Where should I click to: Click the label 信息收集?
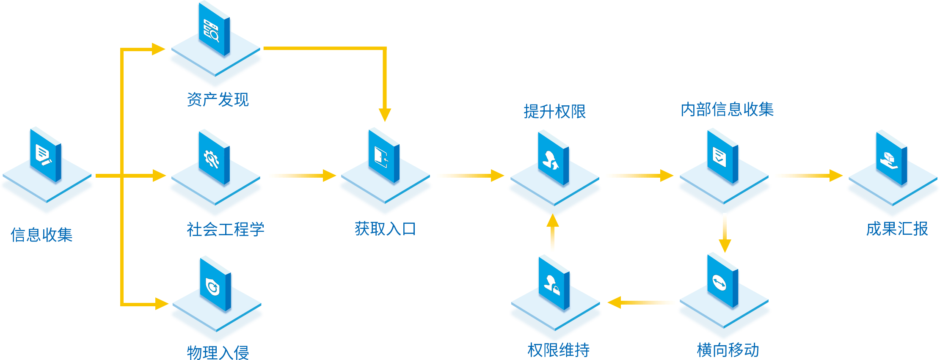tap(41, 235)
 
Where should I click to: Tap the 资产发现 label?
tap(218, 100)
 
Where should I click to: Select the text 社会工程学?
tap(225, 229)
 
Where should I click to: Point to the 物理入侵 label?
tap(218, 352)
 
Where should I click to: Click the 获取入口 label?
tap(385, 229)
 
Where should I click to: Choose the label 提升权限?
tap(554, 112)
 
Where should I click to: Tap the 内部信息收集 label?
tap(727, 110)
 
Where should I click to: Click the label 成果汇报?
tap(897, 229)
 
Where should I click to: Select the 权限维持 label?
tap(558, 350)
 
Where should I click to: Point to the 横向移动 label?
tap(728, 350)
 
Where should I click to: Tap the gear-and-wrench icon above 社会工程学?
tap(211, 159)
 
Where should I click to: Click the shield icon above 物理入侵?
tap(212, 286)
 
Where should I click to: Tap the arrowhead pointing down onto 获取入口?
tap(385, 115)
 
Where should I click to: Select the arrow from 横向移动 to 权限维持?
tap(643, 302)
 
